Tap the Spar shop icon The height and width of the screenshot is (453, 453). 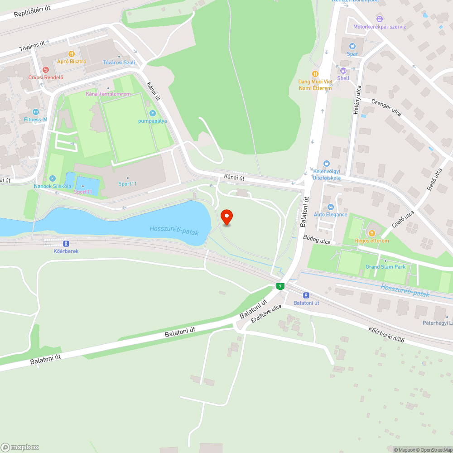[x=352, y=46]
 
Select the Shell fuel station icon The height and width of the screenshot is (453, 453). [x=343, y=71]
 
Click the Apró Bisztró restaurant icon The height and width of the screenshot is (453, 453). [x=72, y=54]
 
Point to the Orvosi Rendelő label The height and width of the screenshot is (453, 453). [x=46, y=77]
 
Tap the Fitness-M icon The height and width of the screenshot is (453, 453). [x=36, y=112]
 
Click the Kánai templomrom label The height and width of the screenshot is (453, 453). [x=108, y=94]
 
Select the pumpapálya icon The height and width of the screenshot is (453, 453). [x=153, y=113]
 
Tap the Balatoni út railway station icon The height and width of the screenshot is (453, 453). [x=306, y=295]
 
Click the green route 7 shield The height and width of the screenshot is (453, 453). [x=280, y=286]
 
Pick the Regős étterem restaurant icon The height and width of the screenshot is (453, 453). [x=371, y=233]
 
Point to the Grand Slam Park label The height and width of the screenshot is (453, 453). [x=386, y=267]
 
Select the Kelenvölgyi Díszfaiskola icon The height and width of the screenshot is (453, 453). [x=327, y=164]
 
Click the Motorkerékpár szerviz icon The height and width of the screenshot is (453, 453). [x=380, y=19]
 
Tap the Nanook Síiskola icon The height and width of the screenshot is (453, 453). [x=52, y=178]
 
